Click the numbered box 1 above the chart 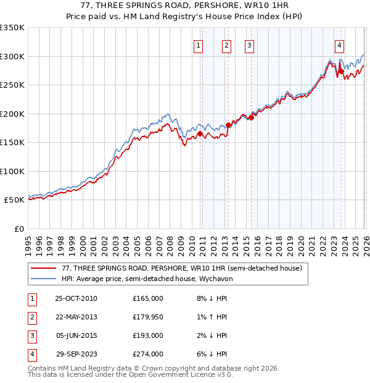pos(199,45)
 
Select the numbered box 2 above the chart pos(226,45)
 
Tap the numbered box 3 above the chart pos(249,45)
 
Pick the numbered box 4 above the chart pos(340,45)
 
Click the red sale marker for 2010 pos(200,133)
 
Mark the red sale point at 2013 pos(228,125)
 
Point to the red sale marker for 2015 pos(251,117)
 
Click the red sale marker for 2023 pos(342,71)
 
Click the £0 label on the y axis pos(19,229)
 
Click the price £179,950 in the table pos(147,317)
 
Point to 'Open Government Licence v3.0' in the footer pos(178,374)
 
